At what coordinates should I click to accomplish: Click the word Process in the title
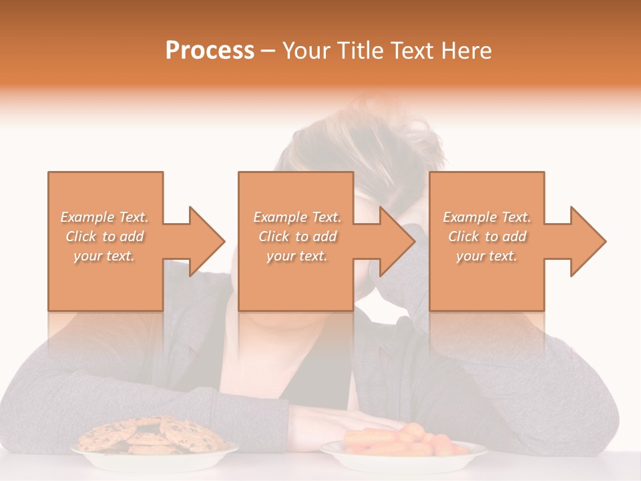210,51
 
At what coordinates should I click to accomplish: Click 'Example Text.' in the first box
105,217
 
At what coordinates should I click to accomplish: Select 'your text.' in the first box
105,256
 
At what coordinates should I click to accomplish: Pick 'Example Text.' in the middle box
297,217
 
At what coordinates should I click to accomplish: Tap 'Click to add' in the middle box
297,236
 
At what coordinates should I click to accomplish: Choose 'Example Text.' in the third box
487,217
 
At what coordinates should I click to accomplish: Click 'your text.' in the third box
487,256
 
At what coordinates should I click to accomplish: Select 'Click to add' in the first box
105,236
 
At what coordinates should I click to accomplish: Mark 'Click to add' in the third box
487,236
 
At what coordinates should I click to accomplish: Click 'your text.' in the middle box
297,256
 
